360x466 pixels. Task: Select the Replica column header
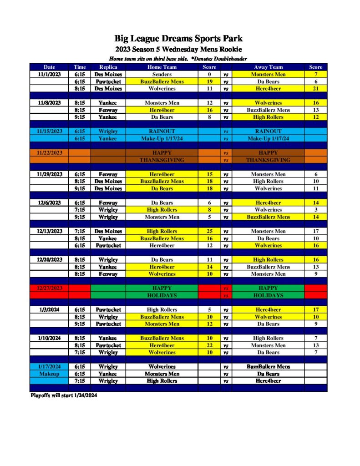pos(108,67)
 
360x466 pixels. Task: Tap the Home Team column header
pos(162,67)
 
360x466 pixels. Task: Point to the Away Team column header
pos(268,67)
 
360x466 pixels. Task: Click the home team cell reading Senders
pos(162,74)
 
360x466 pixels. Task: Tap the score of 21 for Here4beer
pos(315,89)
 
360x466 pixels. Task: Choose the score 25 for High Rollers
pos(209,231)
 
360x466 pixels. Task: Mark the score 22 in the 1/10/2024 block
pos(209,345)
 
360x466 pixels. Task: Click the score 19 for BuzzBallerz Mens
pos(209,81)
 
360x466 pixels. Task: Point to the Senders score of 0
pos(209,74)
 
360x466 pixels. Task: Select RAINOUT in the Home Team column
pos(162,131)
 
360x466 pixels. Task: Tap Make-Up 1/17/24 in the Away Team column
pos(268,138)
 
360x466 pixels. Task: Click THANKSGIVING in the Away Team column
pos(268,160)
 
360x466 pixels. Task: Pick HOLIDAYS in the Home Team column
pos(162,295)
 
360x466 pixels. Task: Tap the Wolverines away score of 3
pos(315,210)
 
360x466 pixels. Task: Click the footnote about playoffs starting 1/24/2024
pos(64,396)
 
